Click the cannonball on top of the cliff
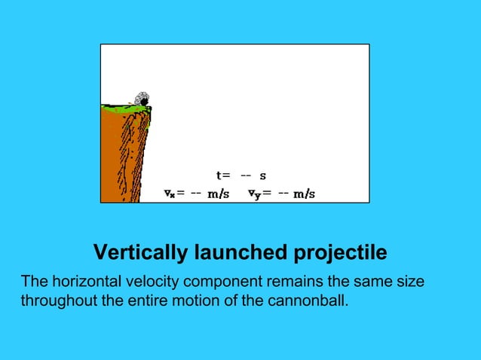tap(141, 99)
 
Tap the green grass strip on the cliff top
tap(124, 108)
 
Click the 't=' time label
tap(223, 175)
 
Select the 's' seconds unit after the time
tap(262, 176)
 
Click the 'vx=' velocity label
tap(175, 193)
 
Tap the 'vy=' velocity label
tap(260, 193)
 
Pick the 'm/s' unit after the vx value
tap(219, 193)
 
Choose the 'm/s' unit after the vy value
tap(304, 193)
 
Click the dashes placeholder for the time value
tap(245, 175)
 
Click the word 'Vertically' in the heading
tap(137, 252)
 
